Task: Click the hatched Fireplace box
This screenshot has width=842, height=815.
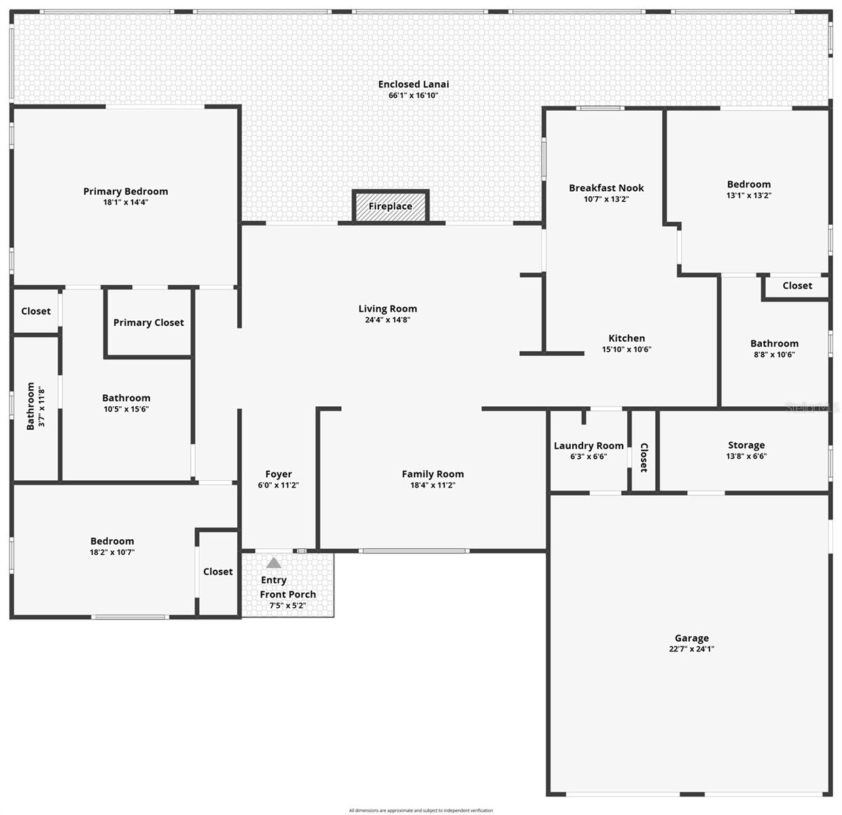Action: coord(391,206)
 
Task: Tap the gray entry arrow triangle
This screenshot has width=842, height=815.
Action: coord(273,562)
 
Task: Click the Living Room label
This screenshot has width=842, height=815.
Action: coord(387,309)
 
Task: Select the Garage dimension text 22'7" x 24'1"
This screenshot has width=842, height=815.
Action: coord(691,649)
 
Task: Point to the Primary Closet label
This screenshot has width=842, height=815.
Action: coord(148,323)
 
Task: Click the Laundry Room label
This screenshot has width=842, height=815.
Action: coord(589,446)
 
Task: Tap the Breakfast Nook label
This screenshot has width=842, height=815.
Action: coord(606,188)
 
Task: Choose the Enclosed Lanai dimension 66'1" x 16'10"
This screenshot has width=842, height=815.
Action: coord(413,96)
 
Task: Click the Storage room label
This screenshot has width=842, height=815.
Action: coord(746,446)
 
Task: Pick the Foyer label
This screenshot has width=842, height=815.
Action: coord(279,474)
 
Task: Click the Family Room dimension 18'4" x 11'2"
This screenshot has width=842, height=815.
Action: coord(432,485)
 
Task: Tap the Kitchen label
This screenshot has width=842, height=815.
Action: coord(627,338)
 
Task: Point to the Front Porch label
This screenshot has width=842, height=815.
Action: coord(287,594)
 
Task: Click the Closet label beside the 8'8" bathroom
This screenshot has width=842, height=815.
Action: coord(797,286)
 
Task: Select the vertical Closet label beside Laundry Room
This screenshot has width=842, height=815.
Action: coord(644,457)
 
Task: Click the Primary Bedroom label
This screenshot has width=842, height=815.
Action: coord(126,192)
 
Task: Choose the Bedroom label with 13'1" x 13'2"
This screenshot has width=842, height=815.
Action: coord(749,184)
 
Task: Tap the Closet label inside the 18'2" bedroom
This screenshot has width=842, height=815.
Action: coord(217,572)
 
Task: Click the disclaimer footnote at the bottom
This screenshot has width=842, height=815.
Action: coord(421,810)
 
